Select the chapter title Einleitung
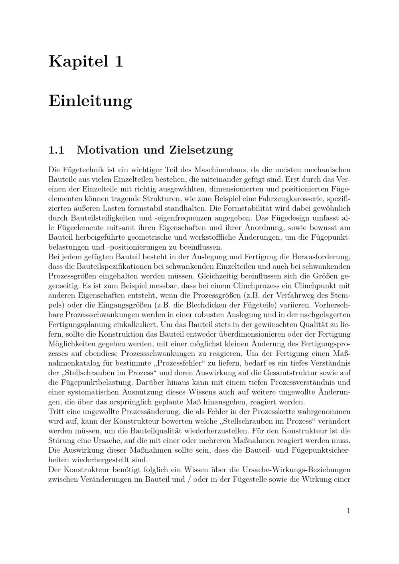90,101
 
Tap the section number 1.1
56,150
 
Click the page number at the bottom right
348,511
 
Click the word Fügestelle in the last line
248,479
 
